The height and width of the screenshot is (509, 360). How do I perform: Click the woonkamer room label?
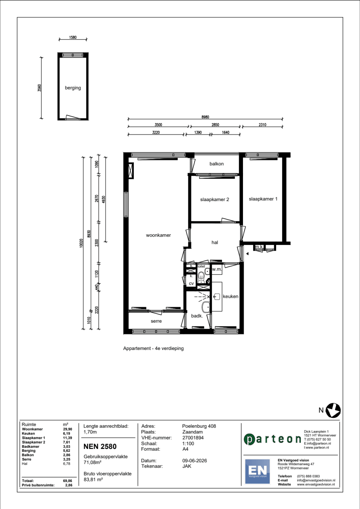pos(158,235)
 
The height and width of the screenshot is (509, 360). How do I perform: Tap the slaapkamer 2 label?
pos(215,200)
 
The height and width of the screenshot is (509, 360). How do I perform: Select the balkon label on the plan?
pos(216,164)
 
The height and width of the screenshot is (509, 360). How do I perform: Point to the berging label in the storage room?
pos(73,88)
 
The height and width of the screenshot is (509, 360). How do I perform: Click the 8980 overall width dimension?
pos(205,117)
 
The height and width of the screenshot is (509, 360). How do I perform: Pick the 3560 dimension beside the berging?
pos(40,88)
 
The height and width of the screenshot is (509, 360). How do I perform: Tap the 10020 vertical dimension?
pos(81,243)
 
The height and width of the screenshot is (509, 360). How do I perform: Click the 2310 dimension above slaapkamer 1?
pos(262,125)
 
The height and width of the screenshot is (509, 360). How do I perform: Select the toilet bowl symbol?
pos(201,277)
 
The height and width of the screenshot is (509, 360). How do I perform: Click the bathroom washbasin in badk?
pos(206,307)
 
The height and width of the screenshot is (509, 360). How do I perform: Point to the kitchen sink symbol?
pos(217,296)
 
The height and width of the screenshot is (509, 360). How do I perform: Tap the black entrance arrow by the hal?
pos(247,254)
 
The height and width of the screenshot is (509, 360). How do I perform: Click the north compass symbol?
pos(333,410)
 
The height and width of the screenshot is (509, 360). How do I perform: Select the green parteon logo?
pos(273,439)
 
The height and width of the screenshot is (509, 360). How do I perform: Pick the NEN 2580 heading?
pos(100,446)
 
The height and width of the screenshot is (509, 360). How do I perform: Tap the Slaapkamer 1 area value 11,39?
pos(68,438)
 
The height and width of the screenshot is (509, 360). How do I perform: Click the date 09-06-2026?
pos(194,460)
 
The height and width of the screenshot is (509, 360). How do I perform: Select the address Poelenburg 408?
pos(199,426)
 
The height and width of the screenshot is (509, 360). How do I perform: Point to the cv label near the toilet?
pos(191,283)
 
